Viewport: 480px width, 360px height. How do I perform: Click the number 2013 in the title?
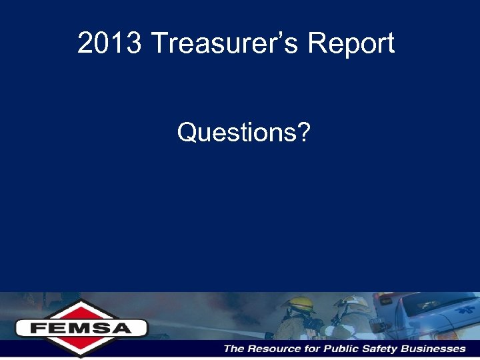click(109, 44)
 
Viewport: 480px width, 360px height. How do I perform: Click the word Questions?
click(237, 133)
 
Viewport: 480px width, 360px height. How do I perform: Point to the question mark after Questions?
click(304, 133)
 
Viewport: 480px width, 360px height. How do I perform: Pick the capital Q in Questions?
click(186, 133)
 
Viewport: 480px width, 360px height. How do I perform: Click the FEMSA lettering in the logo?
click(81, 328)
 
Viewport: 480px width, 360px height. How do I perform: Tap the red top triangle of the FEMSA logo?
click(81, 309)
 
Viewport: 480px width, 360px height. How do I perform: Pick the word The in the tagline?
click(235, 349)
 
